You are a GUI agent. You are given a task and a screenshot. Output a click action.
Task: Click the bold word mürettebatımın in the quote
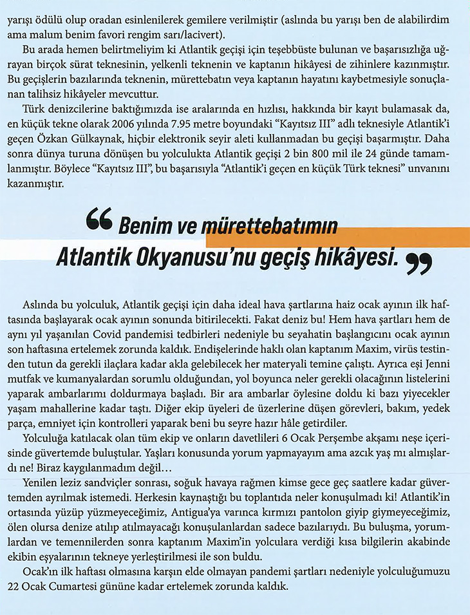pos(272,227)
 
